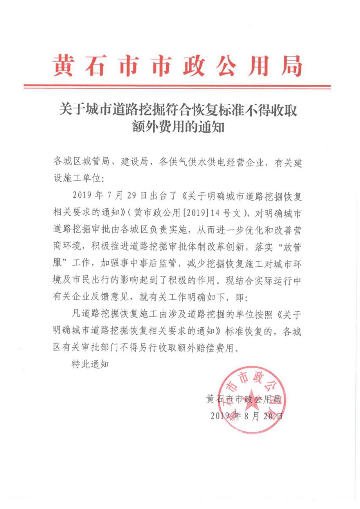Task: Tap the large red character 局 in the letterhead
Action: (x=293, y=65)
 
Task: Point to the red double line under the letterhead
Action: (x=177, y=86)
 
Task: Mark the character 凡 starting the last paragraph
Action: (x=76, y=314)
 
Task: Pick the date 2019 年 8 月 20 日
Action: (x=247, y=416)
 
